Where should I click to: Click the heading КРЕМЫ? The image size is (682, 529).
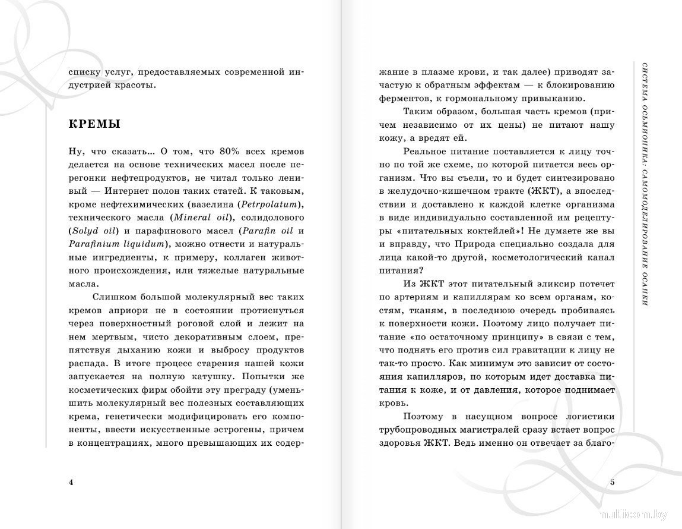[94, 124]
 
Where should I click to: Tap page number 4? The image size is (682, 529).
[71, 481]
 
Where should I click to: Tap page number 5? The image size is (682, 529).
[613, 481]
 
